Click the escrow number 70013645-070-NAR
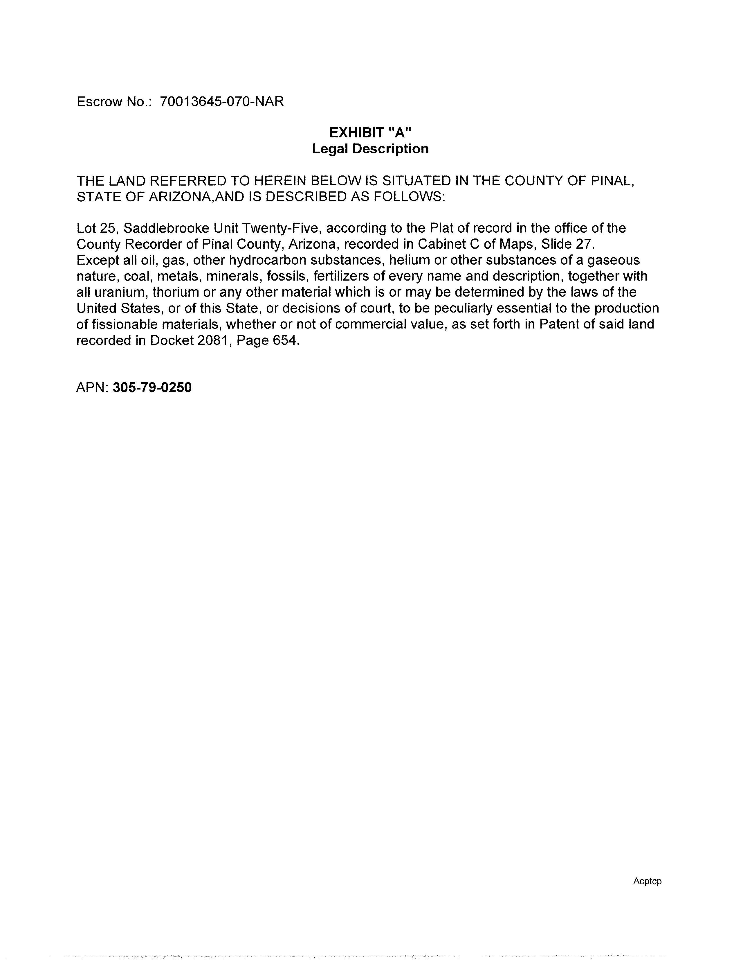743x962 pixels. [222, 102]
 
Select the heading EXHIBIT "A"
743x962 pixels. [370, 132]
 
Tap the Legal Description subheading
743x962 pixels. [370, 149]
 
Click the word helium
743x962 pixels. [409, 260]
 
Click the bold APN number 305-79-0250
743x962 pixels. [152, 388]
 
